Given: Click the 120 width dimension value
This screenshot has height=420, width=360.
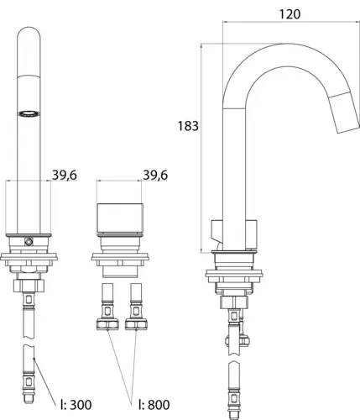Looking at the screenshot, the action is point(290,14).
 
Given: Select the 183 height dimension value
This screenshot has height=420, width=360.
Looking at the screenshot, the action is point(188,126).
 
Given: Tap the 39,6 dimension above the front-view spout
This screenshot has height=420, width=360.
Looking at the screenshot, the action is point(65,176).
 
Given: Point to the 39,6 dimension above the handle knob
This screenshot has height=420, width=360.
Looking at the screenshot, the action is point(155,176).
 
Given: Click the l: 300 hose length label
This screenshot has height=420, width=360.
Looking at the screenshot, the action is point(76,405).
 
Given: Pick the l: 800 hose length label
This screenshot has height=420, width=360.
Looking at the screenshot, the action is point(154,405).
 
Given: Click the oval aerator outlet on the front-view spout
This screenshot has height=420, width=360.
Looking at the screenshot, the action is point(29,113).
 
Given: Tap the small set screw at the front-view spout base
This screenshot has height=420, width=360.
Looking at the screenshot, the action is point(29,241).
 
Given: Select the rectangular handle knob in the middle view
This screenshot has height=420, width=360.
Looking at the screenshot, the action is point(120,218).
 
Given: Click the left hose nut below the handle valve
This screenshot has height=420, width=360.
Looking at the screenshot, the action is point(107,323).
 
